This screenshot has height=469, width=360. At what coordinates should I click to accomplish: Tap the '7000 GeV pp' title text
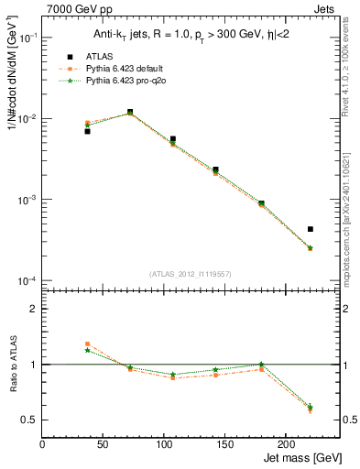(76, 9)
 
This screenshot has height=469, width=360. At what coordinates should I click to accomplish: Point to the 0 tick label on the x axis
(43, 444)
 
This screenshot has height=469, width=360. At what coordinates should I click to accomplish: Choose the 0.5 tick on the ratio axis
(31, 420)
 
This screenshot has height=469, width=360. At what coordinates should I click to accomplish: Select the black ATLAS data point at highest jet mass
(311, 229)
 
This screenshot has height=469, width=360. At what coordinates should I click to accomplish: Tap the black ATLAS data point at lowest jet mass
(87, 131)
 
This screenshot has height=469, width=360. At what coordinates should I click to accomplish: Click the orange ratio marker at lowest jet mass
(87, 344)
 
